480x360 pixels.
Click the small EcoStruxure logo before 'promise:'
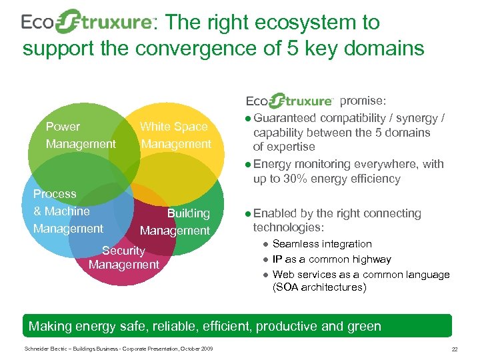pyautogui.click(x=290, y=101)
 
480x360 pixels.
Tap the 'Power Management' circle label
pyautogui.click(x=81, y=135)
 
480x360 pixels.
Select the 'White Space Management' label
pyautogui.click(x=175, y=135)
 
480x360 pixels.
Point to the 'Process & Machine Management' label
pyautogui.click(x=67, y=211)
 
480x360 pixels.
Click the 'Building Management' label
pyautogui.click(x=175, y=222)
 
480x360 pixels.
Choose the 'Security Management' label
pyautogui.click(x=123, y=258)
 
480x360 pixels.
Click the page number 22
pyautogui.click(x=455, y=350)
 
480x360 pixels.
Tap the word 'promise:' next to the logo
pyautogui.click(x=362, y=101)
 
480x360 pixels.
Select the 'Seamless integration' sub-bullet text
pyautogui.click(x=322, y=244)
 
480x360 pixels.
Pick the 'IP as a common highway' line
pyautogui.click(x=332, y=259)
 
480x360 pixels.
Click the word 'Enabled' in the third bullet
pyautogui.click(x=274, y=213)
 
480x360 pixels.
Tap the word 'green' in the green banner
pyautogui.click(x=364, y=326)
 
